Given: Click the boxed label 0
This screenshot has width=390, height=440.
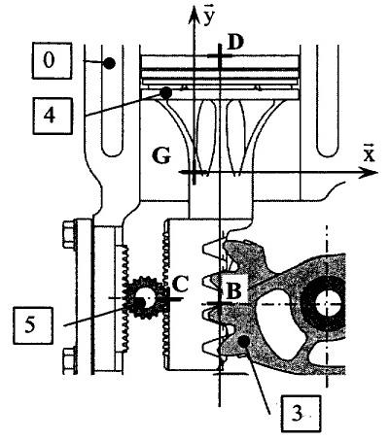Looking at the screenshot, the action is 52,60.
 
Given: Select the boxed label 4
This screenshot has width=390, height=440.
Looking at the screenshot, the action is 53,116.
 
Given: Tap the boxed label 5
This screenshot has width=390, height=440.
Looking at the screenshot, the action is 33,325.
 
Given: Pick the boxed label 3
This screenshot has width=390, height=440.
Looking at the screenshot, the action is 301,414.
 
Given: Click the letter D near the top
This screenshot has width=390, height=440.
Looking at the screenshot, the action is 235,43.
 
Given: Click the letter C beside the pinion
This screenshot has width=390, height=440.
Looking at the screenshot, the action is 180,285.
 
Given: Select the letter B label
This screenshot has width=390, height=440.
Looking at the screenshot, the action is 233,291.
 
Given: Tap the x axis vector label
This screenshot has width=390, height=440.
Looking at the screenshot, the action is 369,153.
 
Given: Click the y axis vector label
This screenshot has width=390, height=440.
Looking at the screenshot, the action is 209,18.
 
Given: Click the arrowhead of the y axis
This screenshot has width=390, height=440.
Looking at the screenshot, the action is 194,15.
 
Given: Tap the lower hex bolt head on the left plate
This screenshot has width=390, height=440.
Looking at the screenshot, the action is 69,361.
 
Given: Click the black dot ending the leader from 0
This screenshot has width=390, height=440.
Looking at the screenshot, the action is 109,63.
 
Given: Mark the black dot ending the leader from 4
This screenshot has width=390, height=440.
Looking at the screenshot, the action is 166,93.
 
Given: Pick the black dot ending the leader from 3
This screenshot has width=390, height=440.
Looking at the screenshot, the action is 243,341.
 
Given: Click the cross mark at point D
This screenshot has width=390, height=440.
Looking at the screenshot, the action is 220,56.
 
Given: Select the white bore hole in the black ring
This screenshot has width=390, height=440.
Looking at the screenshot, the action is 328,304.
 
